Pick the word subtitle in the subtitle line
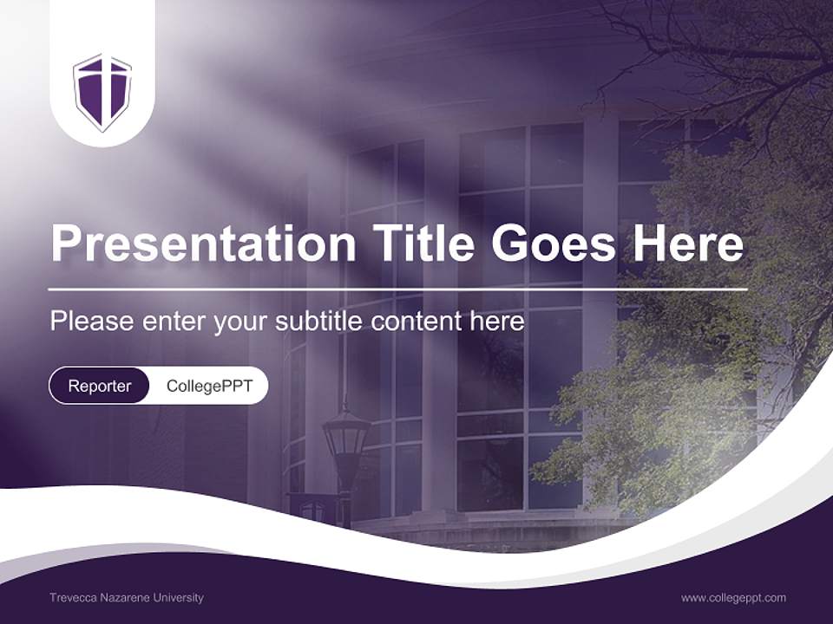(320, 322)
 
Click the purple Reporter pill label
(99, 386)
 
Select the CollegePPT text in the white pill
(209, 386)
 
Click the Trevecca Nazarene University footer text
(127, 598)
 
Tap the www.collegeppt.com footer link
(733, 598)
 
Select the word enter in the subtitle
(162, 322)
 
